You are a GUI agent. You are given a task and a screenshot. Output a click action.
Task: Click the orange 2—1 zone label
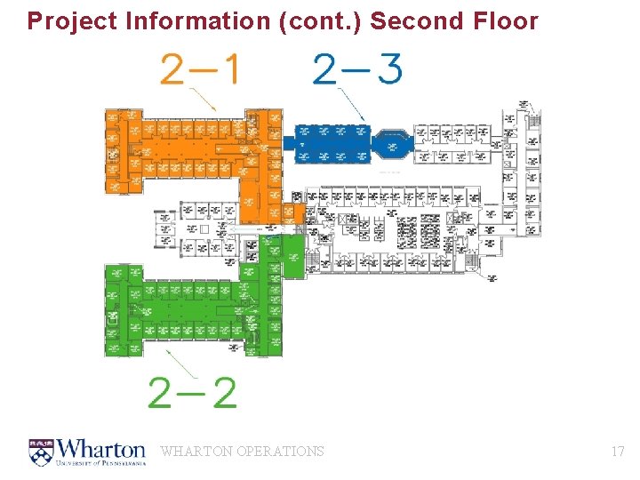click(199, 68)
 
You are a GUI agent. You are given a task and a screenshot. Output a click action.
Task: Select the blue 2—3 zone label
click(357, 68)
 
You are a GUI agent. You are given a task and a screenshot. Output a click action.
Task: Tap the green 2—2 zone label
click(193, 392)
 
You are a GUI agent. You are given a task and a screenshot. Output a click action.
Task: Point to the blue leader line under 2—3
click(351, 108)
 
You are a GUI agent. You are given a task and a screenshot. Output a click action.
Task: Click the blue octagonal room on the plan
click(392, 143)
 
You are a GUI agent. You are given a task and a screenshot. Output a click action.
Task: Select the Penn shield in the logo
click(41, 452)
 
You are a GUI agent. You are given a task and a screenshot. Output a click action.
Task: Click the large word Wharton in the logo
click(101, 447)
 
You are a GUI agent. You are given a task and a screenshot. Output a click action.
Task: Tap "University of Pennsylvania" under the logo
click(101, 463)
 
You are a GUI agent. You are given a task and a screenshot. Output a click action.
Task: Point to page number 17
click(618, 452)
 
